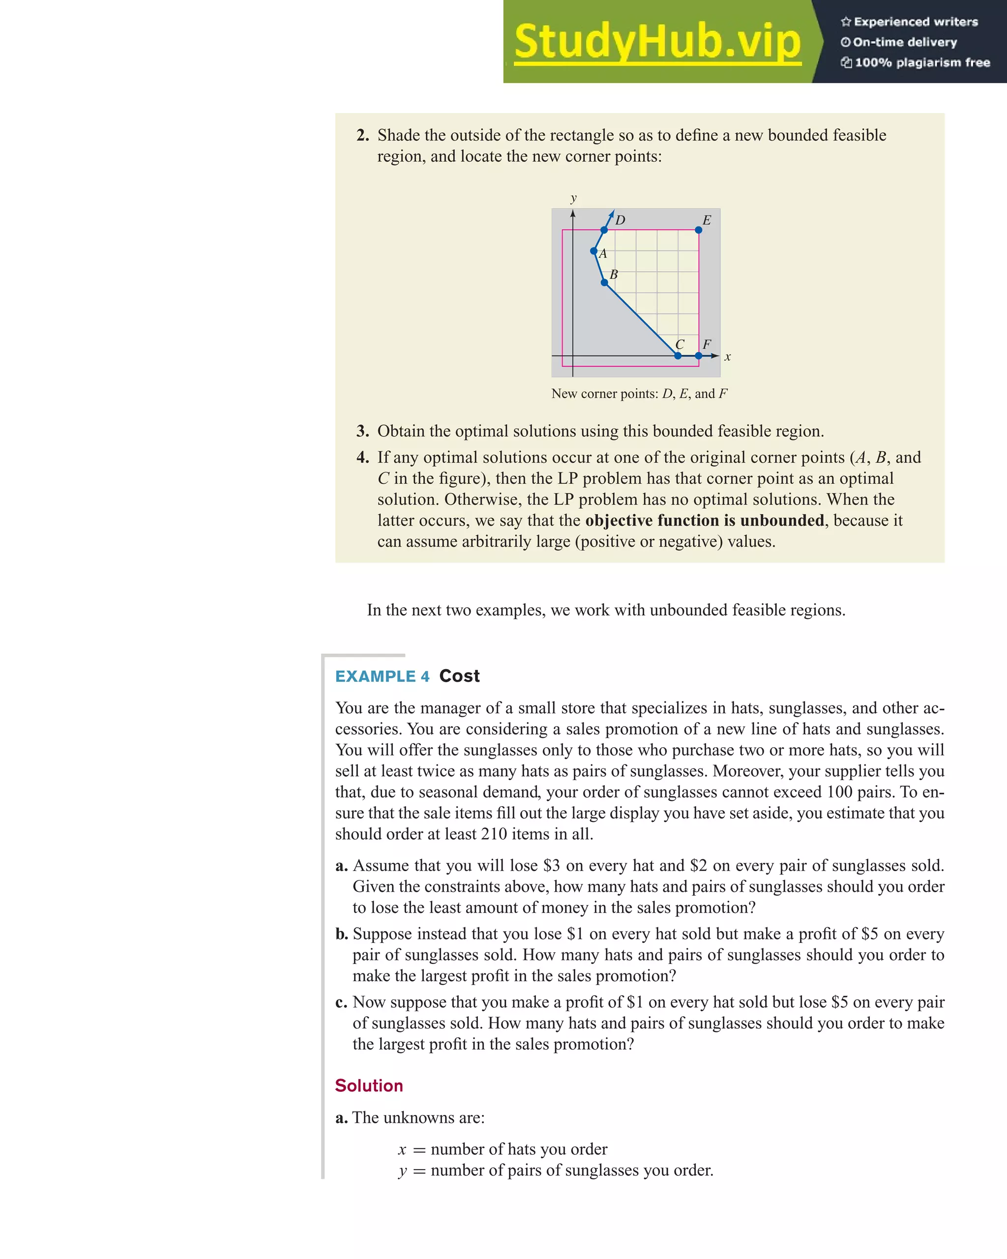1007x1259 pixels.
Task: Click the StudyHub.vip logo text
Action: click(x=657, y=42)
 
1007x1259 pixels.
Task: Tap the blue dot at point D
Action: click(x=604, y=230)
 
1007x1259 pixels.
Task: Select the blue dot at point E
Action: click(x=699, y=230)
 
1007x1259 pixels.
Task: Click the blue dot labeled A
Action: click(x=593, y=251)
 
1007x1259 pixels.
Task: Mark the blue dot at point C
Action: click(x=678, y=355)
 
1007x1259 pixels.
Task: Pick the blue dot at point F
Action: click(x=699, y=355)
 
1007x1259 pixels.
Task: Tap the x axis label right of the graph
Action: click(x=727, y=357)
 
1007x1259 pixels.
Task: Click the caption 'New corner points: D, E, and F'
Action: click(x=639, y=394)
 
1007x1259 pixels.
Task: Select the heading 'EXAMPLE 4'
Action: click(x=382, y=676)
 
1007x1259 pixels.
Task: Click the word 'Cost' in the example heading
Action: click(x=459, y=676)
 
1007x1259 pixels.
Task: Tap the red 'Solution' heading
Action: click(x=369, y=1085)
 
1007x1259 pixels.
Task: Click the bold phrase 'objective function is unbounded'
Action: click(x=705, y=520)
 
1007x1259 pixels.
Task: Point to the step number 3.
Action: click(x=362, y=432)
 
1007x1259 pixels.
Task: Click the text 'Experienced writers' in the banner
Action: click(x=915, y=22)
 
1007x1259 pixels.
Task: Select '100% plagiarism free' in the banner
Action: click(x=922, y=62)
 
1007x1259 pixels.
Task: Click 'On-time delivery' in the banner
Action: click(x=904, y=42)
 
